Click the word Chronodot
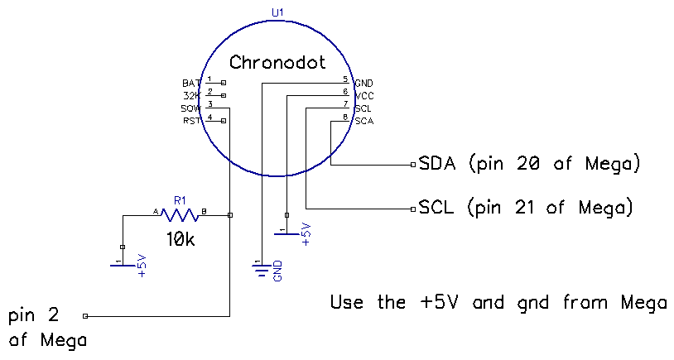(277, 63)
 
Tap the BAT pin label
(190, 84)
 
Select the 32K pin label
(190, 96)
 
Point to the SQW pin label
(190, 109)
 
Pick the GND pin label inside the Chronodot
(363, 84)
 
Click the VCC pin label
(363, 96)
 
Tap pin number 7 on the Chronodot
(345, 104)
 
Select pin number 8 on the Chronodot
(345, 117)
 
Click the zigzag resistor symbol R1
(181, 215)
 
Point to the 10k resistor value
(181, 240)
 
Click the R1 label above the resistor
(181, 199)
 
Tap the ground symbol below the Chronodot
(262, 269)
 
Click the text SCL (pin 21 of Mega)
(526, 207)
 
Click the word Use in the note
(348, 302)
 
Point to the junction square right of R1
(229, 215)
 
